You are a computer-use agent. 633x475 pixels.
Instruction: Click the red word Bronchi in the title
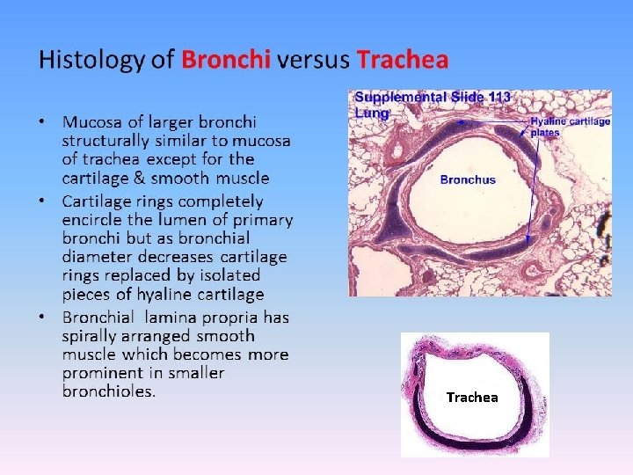[226, 60]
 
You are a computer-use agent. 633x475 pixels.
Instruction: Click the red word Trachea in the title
[403, 60]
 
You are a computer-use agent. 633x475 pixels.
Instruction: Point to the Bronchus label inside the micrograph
[468, 179]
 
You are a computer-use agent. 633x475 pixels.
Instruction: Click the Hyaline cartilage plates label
[570, 127]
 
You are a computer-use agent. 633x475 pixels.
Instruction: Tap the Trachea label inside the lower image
[472, 398]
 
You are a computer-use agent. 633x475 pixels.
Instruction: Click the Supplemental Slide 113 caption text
[432, 98]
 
